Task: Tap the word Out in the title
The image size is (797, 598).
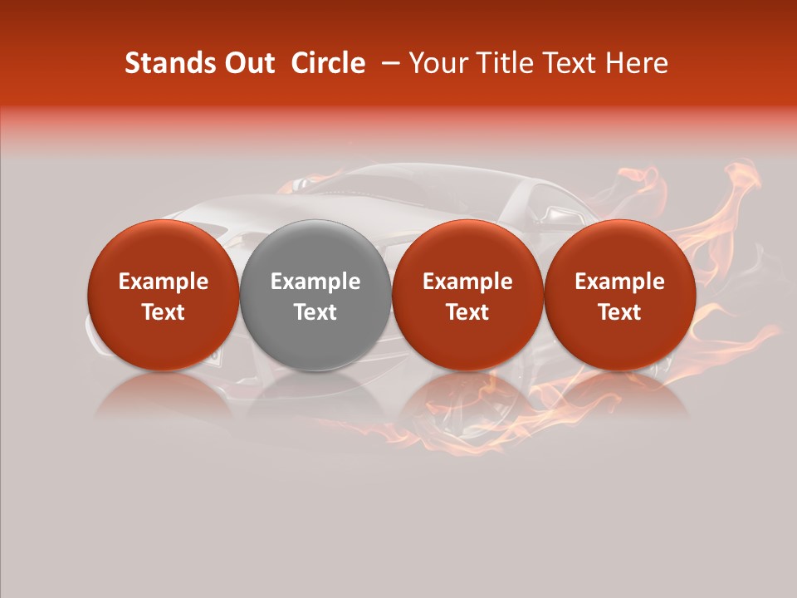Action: pos(247,63)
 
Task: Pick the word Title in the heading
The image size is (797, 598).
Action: pos(506,63)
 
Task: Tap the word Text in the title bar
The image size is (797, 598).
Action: pos(574,63)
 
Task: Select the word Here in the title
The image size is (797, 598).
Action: pos(638,63)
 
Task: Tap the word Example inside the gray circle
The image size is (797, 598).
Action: pos(315,282)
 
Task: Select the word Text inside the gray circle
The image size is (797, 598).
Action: pos(315,312)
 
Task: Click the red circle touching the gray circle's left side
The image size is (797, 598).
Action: pos(164,295)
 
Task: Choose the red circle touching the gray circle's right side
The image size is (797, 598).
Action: pos(467,295)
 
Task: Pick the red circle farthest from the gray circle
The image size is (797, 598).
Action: pos(620,295)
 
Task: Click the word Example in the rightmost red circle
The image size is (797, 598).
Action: pos(620,282)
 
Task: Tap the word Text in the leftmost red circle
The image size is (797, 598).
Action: pos(164,312)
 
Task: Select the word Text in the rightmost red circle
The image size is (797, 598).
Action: pos(620,312)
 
